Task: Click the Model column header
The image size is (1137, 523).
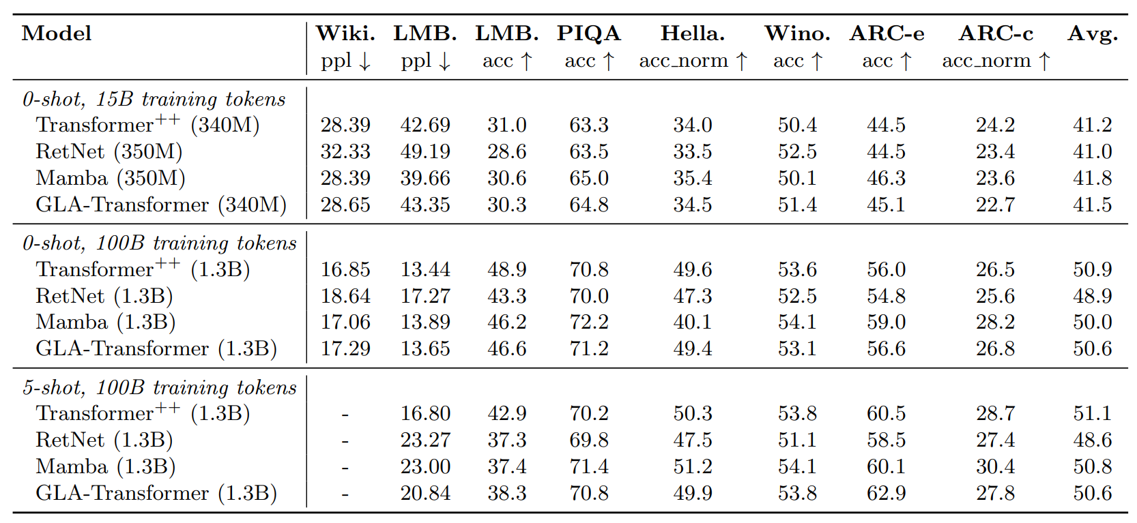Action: coord(57,33)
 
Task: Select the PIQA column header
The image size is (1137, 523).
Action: coord(588,33)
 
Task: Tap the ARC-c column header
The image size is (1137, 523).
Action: coord(996,33)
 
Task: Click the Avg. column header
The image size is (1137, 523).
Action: coord(1092,33)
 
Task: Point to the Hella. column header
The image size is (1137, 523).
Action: coord(692,33)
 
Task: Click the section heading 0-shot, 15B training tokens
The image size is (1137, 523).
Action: coord(154,100)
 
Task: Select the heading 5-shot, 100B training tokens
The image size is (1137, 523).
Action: coord(160,388)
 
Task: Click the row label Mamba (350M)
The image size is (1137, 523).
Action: coord(111,179)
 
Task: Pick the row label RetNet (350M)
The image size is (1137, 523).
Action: coord(109,152)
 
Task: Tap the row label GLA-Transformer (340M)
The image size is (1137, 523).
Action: coord(161,205)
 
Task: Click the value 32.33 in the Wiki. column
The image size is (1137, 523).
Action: coord(345,152)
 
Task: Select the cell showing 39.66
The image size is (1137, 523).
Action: coord(425,179)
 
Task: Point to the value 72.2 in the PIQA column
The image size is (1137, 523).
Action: coord(589,323)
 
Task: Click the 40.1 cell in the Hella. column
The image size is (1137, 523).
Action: coord(692,323)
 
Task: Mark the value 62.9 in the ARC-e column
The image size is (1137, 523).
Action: coord(886,494)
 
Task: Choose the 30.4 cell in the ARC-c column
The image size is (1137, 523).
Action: coord(995,467)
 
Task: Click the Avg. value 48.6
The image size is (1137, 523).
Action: coord(1092,440)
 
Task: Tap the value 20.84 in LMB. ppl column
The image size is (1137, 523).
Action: coord(425,494)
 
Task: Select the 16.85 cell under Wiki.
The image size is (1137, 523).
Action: coord(345,270)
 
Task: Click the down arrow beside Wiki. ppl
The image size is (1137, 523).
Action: coord(365,62)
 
